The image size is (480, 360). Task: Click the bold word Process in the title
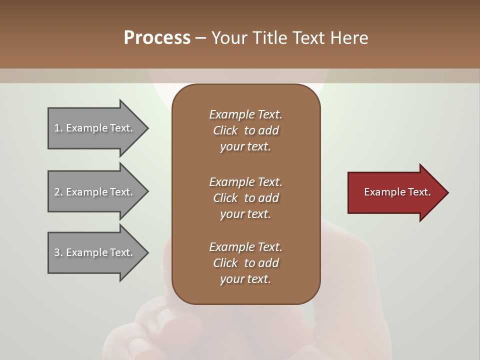156,38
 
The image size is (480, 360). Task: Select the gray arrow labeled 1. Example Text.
95,128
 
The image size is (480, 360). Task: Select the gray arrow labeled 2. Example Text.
95,192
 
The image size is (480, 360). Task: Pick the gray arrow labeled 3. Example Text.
95,252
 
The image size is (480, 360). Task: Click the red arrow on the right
395,192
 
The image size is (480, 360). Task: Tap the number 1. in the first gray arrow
58,128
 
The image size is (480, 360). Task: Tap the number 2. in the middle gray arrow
58,192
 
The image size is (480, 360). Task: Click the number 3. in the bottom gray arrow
58,252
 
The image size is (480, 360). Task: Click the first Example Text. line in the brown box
245,114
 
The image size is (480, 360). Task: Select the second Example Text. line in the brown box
245,181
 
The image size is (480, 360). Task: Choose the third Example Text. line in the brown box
245,247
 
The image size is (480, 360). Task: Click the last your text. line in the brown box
245,279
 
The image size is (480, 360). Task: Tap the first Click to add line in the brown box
245,130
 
